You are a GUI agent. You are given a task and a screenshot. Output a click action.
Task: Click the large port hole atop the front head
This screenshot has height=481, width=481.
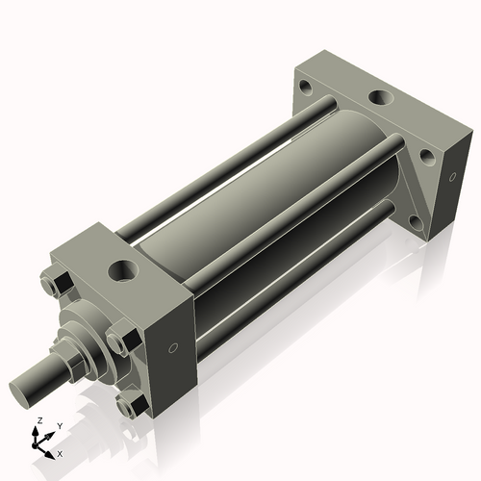click(124, 269)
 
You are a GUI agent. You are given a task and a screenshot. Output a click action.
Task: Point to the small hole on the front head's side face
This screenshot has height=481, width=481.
click(173, 348)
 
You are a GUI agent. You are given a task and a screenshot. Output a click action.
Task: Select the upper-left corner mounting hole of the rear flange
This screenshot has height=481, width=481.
click(305, 87)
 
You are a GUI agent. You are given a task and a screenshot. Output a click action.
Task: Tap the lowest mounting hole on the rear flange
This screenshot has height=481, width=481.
click(415, 221)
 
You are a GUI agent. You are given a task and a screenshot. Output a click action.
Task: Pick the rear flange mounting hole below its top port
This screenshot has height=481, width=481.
click(423, 157)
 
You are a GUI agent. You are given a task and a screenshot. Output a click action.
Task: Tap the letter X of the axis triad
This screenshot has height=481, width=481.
click(60, 452)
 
